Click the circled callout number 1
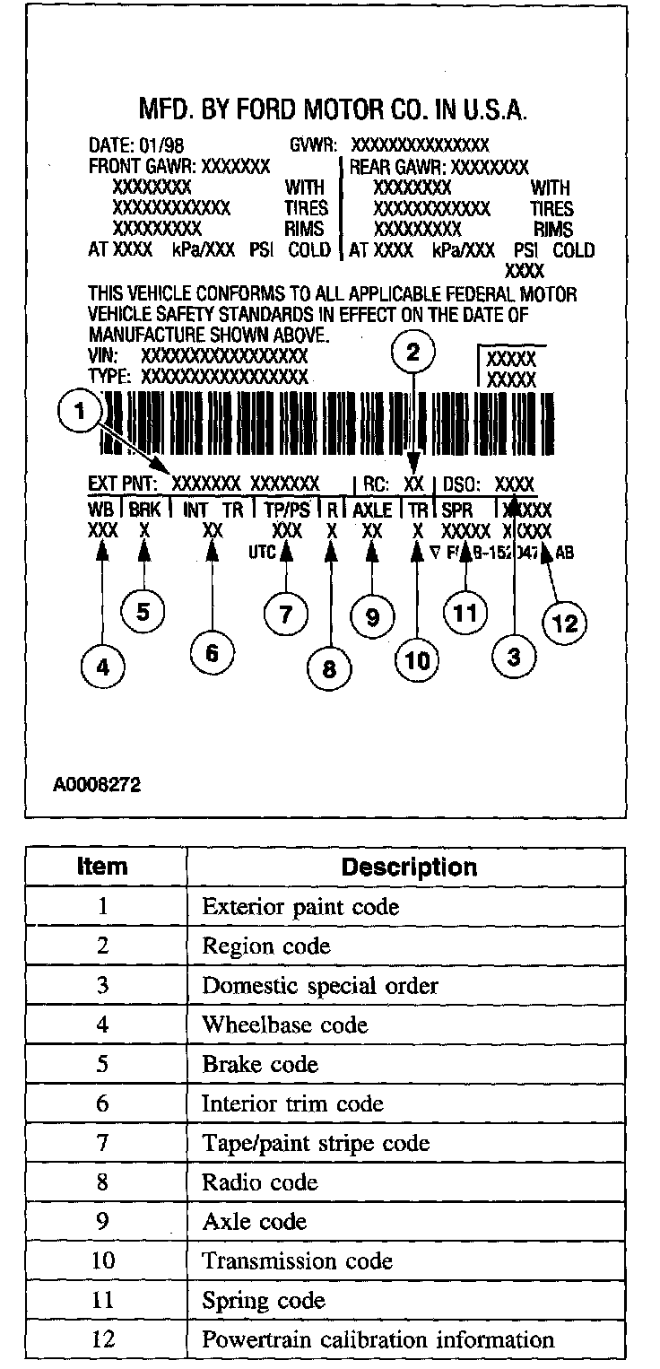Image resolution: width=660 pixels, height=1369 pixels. coord(81,412)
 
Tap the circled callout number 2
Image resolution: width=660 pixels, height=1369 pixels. coord(412,353)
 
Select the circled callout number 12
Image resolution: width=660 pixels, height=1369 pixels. coord(565,623)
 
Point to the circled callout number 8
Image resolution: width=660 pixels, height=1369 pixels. coord(330,669)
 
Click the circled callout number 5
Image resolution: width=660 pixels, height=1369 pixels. coord(142,612)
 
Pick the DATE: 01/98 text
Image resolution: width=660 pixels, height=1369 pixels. coord(135,144)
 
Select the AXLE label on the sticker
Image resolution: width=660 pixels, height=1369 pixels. coord(372,510)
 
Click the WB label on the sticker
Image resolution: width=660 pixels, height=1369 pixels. coord(100,510)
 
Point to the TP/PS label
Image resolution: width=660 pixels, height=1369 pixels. coord(287,510)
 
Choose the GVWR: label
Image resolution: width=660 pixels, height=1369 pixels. coord(313,144)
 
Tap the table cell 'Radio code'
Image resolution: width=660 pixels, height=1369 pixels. coord(260,1182)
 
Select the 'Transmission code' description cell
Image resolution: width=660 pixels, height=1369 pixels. coord(297,1261)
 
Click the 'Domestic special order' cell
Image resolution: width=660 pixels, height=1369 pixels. coord(320,985)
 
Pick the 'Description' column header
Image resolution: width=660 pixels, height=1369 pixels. coord(409,868)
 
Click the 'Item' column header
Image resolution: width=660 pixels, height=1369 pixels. coord(102,868)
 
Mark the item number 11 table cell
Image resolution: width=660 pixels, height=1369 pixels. coord(102,1301)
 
